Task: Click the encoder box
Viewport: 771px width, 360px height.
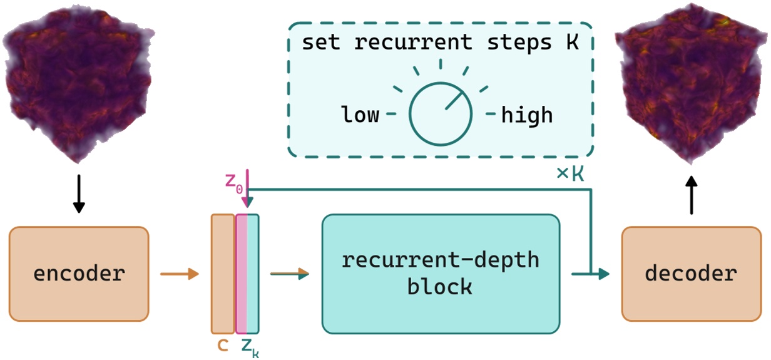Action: point(79,274)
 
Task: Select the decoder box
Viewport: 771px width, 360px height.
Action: point(691,274)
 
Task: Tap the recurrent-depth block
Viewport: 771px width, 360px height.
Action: point(440,274)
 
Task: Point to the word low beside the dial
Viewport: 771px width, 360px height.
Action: point(360,115)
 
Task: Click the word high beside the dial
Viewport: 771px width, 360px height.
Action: point(527,115)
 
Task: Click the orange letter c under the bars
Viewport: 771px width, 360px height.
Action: point(222,346)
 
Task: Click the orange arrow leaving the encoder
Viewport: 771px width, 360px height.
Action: point(179,274)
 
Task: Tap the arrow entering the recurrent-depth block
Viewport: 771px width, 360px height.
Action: point(290,273)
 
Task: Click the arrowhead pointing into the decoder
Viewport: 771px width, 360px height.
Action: point(603,274)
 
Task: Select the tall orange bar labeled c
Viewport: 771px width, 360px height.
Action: point(222,274)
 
